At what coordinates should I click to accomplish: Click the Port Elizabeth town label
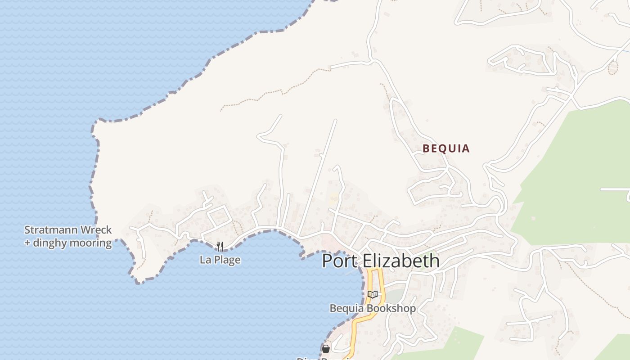(381, 261)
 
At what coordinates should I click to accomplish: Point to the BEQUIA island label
(446, 148)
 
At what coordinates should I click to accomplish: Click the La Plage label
(220, 260)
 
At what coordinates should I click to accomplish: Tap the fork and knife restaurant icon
(220, 246)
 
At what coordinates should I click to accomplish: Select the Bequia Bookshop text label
(373, 308)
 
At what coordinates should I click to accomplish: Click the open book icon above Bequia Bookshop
(372, 294)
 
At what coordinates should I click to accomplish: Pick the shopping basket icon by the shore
(326, 348)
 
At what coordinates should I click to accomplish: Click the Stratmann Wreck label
(68, 230)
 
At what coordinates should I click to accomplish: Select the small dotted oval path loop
(612, 68)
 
